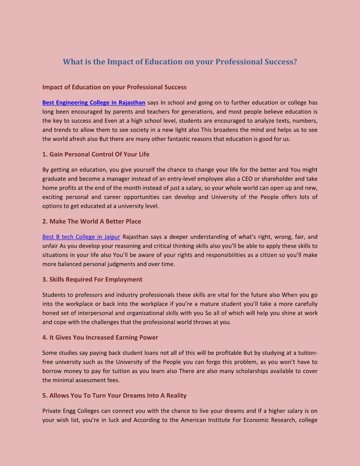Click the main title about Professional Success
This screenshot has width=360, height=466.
(x=180, y=62)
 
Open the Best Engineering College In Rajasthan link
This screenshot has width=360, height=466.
(x=94, y=103)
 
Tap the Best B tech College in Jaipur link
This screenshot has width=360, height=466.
(x=81, y=237)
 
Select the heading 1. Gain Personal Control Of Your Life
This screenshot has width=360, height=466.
(x=96, y=154)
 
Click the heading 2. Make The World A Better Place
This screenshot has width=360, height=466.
(x=92, y=222)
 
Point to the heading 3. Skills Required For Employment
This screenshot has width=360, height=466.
(x=92, y=279)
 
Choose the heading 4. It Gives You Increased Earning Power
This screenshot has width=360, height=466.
(x=100, y=338)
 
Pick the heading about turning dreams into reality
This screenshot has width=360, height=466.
(x=114, y=396)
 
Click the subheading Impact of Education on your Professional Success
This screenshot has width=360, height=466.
(x=114, y=87)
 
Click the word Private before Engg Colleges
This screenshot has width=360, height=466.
(x=52, y=411)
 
